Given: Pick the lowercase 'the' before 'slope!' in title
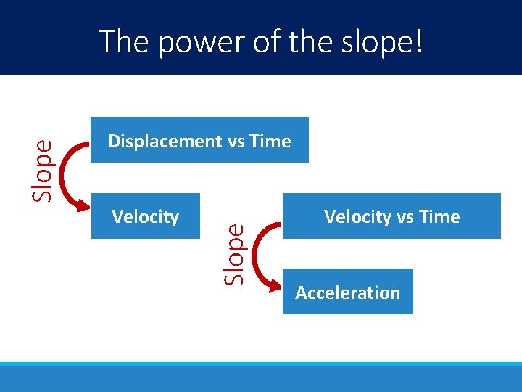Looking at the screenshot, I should (309, 41).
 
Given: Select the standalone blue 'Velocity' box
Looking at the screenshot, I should (145, 216).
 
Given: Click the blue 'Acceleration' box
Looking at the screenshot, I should (347, 292).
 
